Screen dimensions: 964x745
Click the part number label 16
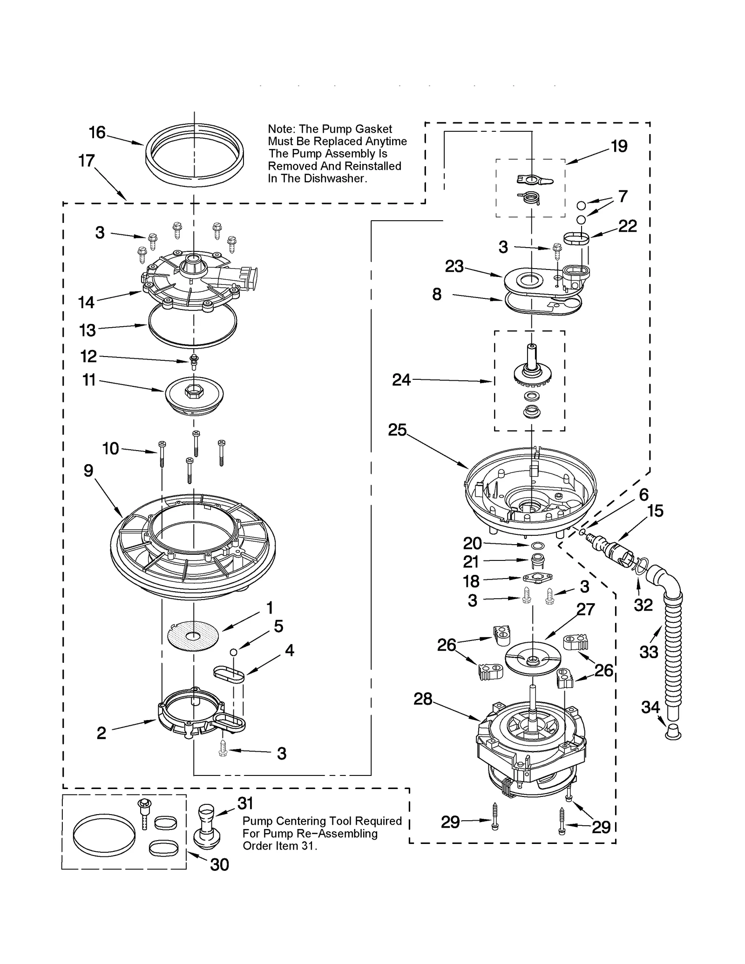click(x=97, y=133)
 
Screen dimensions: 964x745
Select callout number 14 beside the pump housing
click(x=86, y=303)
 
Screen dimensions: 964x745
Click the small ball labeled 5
click(x=234, y=652)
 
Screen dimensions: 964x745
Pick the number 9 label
click(x=88, y=471)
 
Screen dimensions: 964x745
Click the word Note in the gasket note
click(x=280, y=129)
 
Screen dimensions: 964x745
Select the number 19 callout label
click(x=619, y=146)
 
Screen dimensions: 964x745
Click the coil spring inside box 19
click(x=531, y=198)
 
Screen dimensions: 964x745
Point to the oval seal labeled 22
click(x=576, y=239)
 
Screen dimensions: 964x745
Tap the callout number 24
click(x=401, y=380)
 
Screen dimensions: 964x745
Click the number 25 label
click(x=397, y=430)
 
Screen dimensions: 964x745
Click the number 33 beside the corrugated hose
click(x=649, y=652)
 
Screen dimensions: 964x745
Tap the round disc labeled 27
click(x=533, y=657)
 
